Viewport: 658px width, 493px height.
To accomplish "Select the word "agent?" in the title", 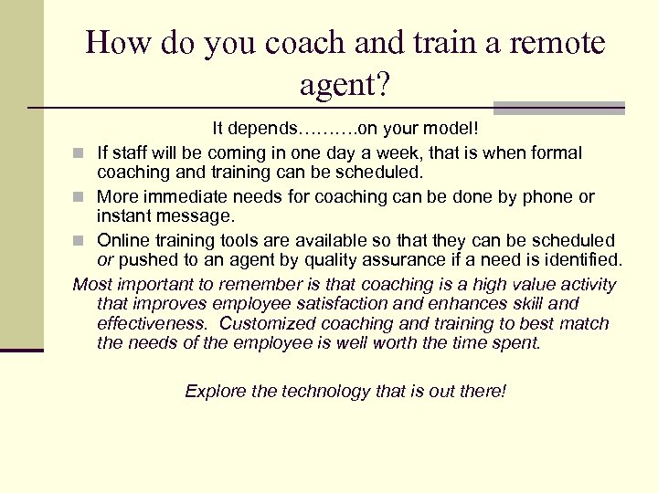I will [345, 86].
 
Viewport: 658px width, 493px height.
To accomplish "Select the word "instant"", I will [126, 215].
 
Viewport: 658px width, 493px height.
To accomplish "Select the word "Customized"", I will [266, 323].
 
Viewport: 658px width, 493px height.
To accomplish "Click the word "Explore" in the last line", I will [216, 391].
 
